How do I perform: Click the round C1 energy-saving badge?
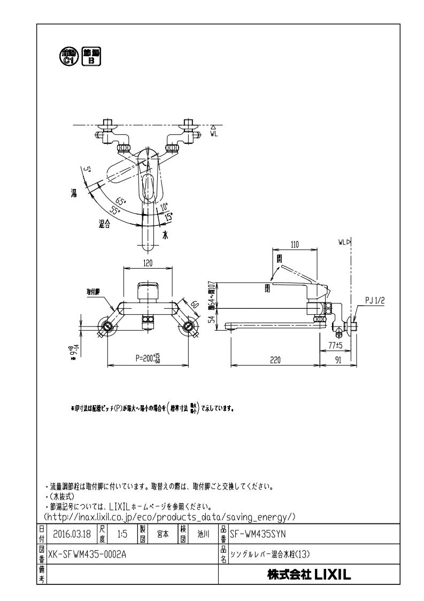point(68,56)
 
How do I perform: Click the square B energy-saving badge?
point(90,56)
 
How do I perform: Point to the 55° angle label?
point(116,211)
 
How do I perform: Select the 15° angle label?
point(169,216)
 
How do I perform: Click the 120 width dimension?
point(148,263)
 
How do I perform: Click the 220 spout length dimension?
point(275,360)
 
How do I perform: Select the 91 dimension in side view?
point(338,360)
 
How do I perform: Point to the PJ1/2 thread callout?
point(375,302)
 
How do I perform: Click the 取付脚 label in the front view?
point(95,292)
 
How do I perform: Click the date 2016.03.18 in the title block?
point(72,534)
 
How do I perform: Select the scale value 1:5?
point(122,534)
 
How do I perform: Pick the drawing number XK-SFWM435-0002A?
point(88,554)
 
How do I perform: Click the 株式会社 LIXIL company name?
point(309,576)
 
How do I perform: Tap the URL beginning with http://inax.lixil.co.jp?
point(169,516)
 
